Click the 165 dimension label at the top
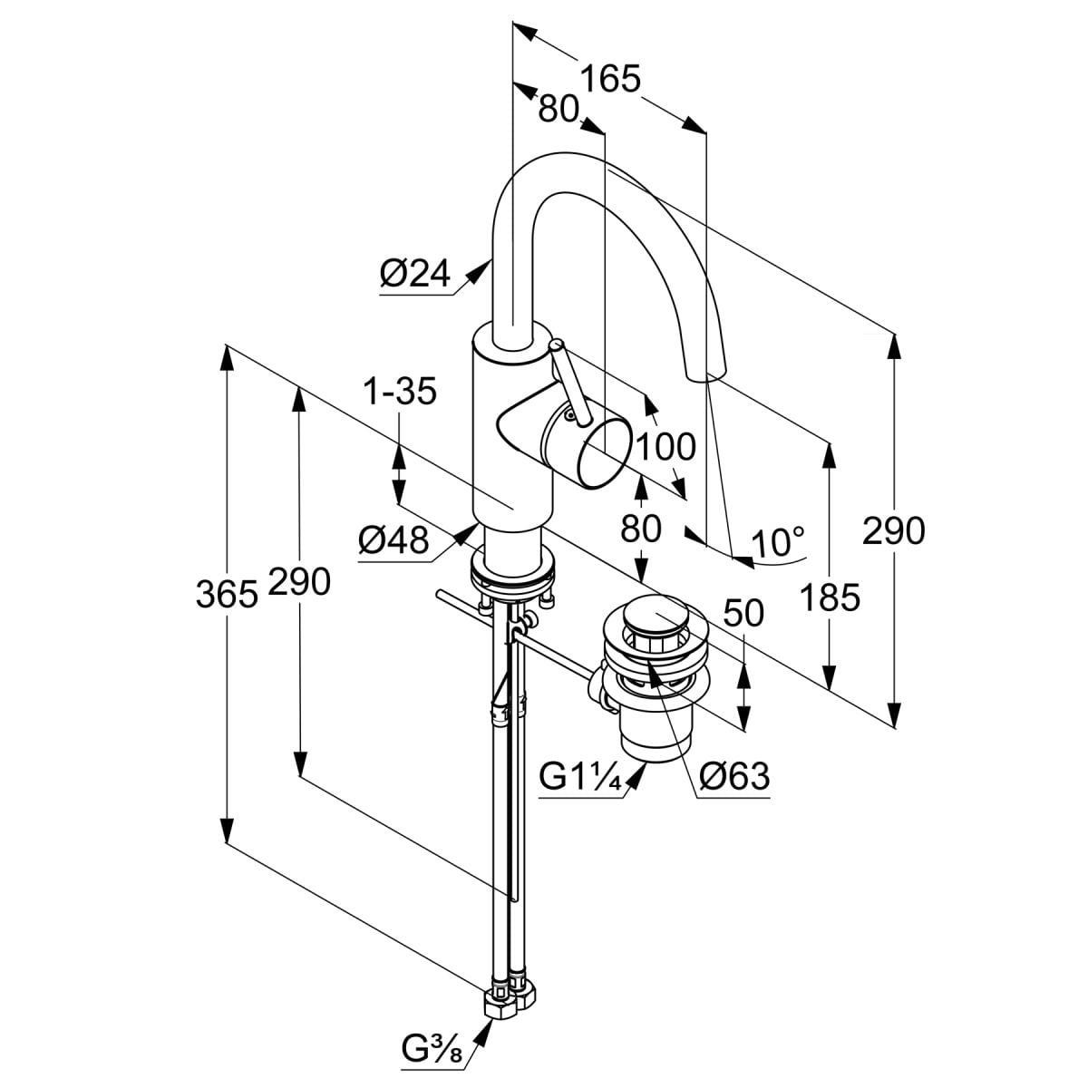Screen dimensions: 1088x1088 [610, 79]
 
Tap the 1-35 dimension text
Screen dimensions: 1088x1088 [399, 392]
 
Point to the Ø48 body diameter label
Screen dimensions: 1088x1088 [393, 541]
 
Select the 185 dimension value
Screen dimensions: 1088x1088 [829, 597]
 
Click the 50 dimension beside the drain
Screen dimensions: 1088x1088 [743, 614]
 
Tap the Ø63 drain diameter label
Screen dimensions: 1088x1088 [735, 776]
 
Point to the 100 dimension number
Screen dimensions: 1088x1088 [666, 447]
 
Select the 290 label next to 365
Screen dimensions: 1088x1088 [299, 581]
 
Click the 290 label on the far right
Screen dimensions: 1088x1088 [893, 530]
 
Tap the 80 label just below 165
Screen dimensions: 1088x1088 [559, 108]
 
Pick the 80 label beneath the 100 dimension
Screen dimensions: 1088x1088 [641, 529]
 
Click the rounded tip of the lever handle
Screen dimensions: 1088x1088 [558, 345]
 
